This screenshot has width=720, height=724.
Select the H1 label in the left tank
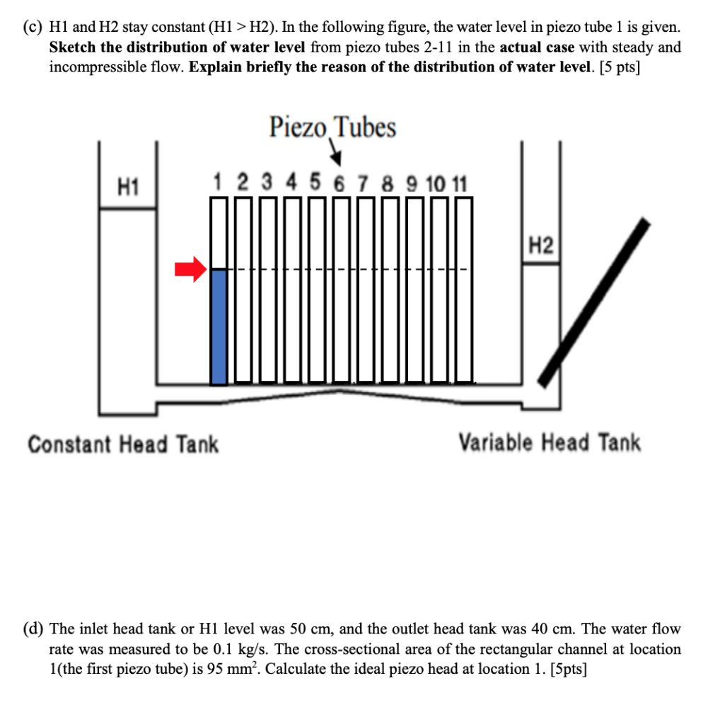pos(128,188)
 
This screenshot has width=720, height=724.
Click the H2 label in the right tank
pos(540,246)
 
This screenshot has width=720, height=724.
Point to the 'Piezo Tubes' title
pos(332,127)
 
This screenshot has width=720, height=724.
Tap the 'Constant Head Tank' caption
pos(123,445)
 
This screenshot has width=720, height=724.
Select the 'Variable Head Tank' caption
pos(550,443)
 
